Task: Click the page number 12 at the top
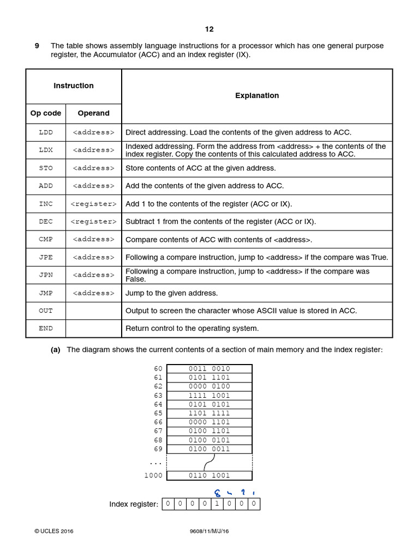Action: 209,29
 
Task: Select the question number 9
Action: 37,46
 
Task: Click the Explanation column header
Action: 257,96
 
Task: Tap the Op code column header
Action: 46,113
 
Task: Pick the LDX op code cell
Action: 46,150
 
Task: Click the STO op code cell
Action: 46,168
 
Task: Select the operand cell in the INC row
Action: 93,204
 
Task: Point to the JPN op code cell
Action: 46,275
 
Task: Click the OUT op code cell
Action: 46,311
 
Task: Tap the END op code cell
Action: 46,329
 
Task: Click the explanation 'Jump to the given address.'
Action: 171,293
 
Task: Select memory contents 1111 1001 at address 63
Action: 209,396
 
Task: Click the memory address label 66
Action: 158,422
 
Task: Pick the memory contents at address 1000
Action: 209,476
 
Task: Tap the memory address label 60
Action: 158,369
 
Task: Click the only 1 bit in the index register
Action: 217,504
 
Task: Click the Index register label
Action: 134,505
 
